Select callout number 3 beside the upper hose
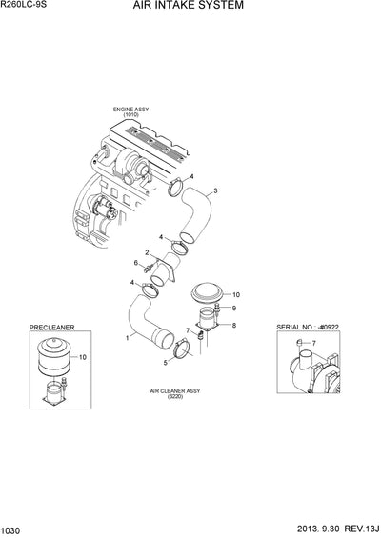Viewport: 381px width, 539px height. pos(216,191)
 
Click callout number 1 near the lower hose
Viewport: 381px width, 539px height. pos(127,338)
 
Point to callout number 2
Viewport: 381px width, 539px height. pos(146,252)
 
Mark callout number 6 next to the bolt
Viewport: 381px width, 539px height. pos(135,263)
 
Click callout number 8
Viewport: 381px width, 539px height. pos(234,326)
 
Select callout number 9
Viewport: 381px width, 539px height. pos(234,309)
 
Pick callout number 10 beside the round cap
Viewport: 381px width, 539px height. pos(236,295)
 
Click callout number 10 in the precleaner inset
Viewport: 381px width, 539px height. pos(82,356)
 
